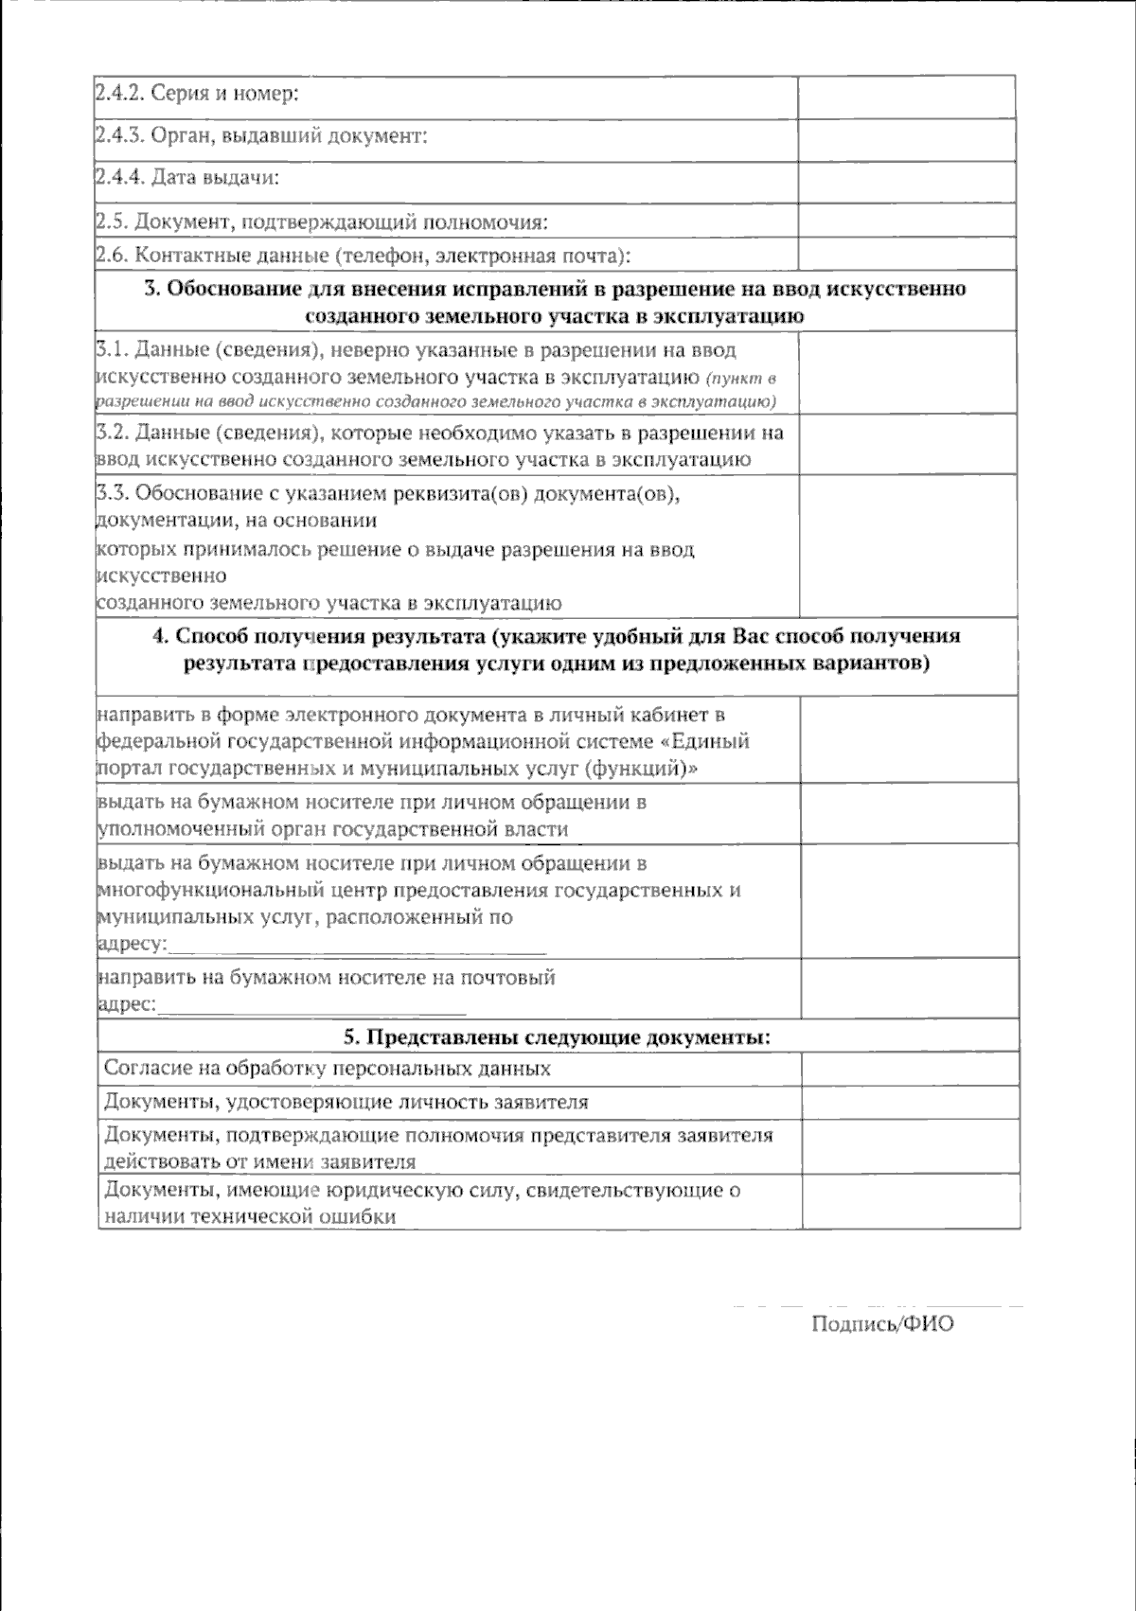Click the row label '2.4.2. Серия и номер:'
(x=197, y=95)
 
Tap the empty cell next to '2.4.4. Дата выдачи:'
(x=906, y=181)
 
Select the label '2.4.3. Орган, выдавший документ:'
(x=262, y=136)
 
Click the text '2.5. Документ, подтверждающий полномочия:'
(x=323, y=222)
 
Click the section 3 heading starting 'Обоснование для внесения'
(x=556, y=302)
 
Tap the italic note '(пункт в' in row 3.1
(x=741, y=378)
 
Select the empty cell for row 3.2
(x=909, y=445)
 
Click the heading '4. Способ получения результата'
(x=557, y=649)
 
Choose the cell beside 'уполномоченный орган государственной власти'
(x=909, y=814)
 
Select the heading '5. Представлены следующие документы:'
(x=557, y=1037)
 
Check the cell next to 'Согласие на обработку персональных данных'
(x=909, y=1069)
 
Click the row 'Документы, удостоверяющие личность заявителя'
(x=346, y=1103)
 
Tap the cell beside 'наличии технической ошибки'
(x=909, y=1202)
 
